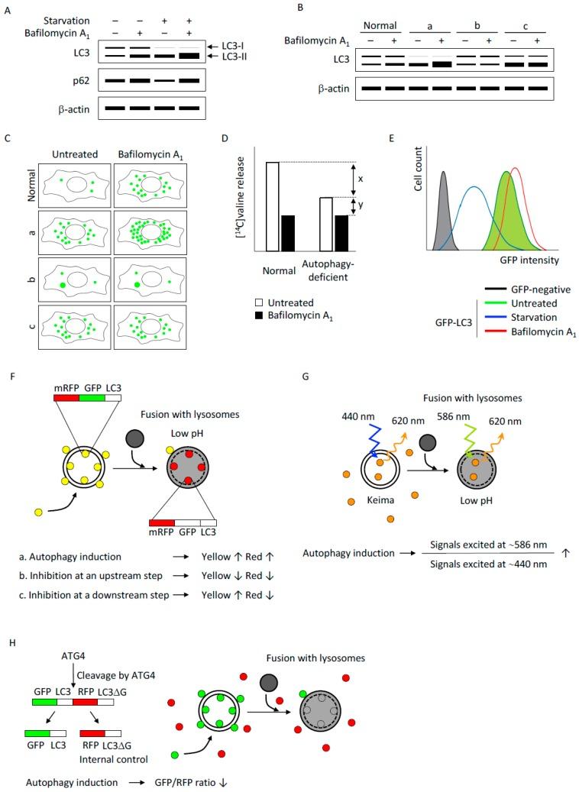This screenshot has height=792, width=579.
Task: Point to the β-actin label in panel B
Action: click(x=312, y=89)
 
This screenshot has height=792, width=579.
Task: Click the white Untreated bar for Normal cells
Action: click(x=271, y=206)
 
